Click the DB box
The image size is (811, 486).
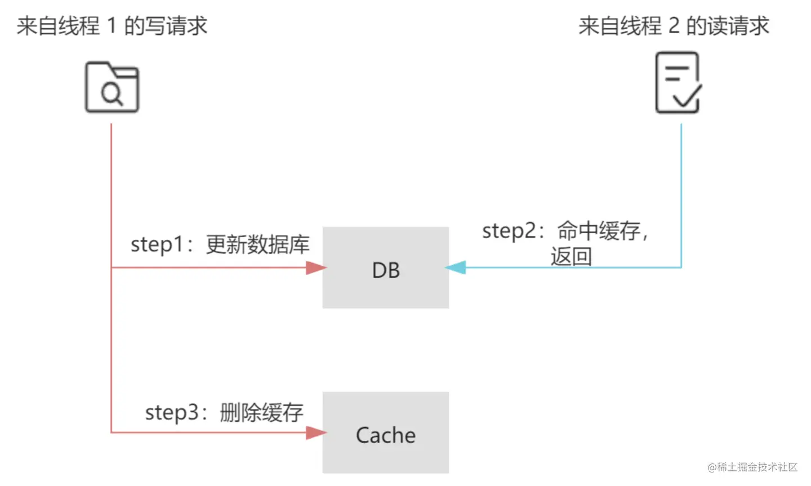386,268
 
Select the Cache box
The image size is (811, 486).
386,433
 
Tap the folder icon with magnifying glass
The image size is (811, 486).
112,87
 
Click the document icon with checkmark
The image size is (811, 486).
678,83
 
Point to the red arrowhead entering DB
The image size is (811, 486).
316,267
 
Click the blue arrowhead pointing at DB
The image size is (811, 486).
456,267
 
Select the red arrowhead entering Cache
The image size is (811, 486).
316,433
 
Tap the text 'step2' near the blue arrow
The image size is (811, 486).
509,231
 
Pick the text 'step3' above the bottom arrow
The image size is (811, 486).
172,412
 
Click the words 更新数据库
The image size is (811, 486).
257,244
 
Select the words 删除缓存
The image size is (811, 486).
261,412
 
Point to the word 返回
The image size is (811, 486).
571,257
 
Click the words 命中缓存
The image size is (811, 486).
599,231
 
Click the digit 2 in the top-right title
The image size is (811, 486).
674,26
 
